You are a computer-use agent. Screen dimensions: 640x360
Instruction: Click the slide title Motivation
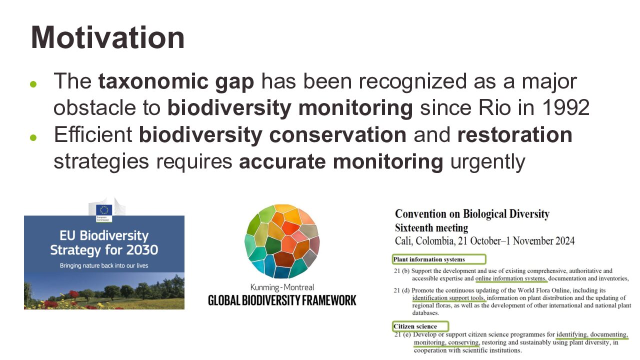[107, 37]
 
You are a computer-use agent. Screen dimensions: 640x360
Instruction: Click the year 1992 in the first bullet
[565, 107]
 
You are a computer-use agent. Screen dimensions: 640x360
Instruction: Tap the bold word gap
[234, 82]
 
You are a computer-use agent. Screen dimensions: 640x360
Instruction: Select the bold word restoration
[515, 134]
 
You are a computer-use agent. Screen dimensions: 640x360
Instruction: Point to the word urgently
[487, 162]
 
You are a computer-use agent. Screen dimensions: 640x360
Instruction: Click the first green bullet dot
[33, 84]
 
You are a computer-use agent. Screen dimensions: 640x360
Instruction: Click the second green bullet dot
[33, 137]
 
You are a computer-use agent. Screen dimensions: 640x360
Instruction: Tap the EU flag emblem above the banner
[104, 210]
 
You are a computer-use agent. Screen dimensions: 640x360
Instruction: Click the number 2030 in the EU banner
[142, 250]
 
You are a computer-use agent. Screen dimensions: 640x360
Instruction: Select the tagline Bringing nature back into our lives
[104, 265]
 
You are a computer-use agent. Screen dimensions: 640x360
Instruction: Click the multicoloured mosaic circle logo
[282, 241]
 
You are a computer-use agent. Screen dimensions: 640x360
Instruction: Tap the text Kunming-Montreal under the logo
[282, 287]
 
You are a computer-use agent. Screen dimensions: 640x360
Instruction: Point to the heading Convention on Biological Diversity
[472, 214]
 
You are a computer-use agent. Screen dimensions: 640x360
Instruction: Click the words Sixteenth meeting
[431, 228]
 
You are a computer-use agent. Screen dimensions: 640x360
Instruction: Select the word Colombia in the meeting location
[435, 241]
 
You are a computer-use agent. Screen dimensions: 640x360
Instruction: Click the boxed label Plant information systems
[439, 259]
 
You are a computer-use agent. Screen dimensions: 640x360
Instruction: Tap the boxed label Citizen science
[420, 326]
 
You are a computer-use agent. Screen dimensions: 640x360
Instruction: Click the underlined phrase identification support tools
[448, 298]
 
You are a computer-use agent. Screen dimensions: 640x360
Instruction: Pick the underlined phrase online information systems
[511, 278]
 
